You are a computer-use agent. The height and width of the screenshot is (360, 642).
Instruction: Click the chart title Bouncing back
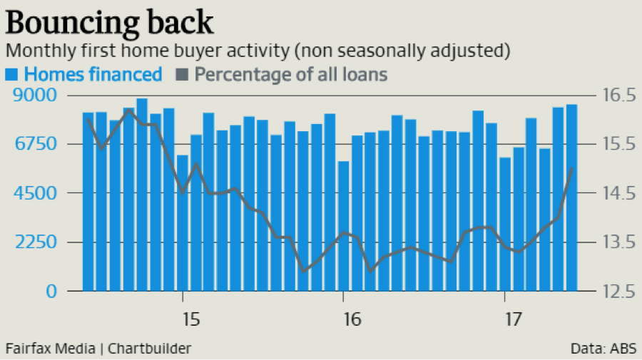point(109,22)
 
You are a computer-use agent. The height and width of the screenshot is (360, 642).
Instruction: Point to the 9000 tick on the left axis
point(30,96)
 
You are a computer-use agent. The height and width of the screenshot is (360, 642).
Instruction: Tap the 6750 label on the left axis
point(30,145)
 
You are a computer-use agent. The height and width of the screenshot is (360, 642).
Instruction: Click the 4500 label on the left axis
point(30,193)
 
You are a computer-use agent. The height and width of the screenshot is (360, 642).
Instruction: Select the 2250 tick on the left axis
point(30,242)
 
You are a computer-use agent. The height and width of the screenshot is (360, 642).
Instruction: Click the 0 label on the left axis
point(51,292)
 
